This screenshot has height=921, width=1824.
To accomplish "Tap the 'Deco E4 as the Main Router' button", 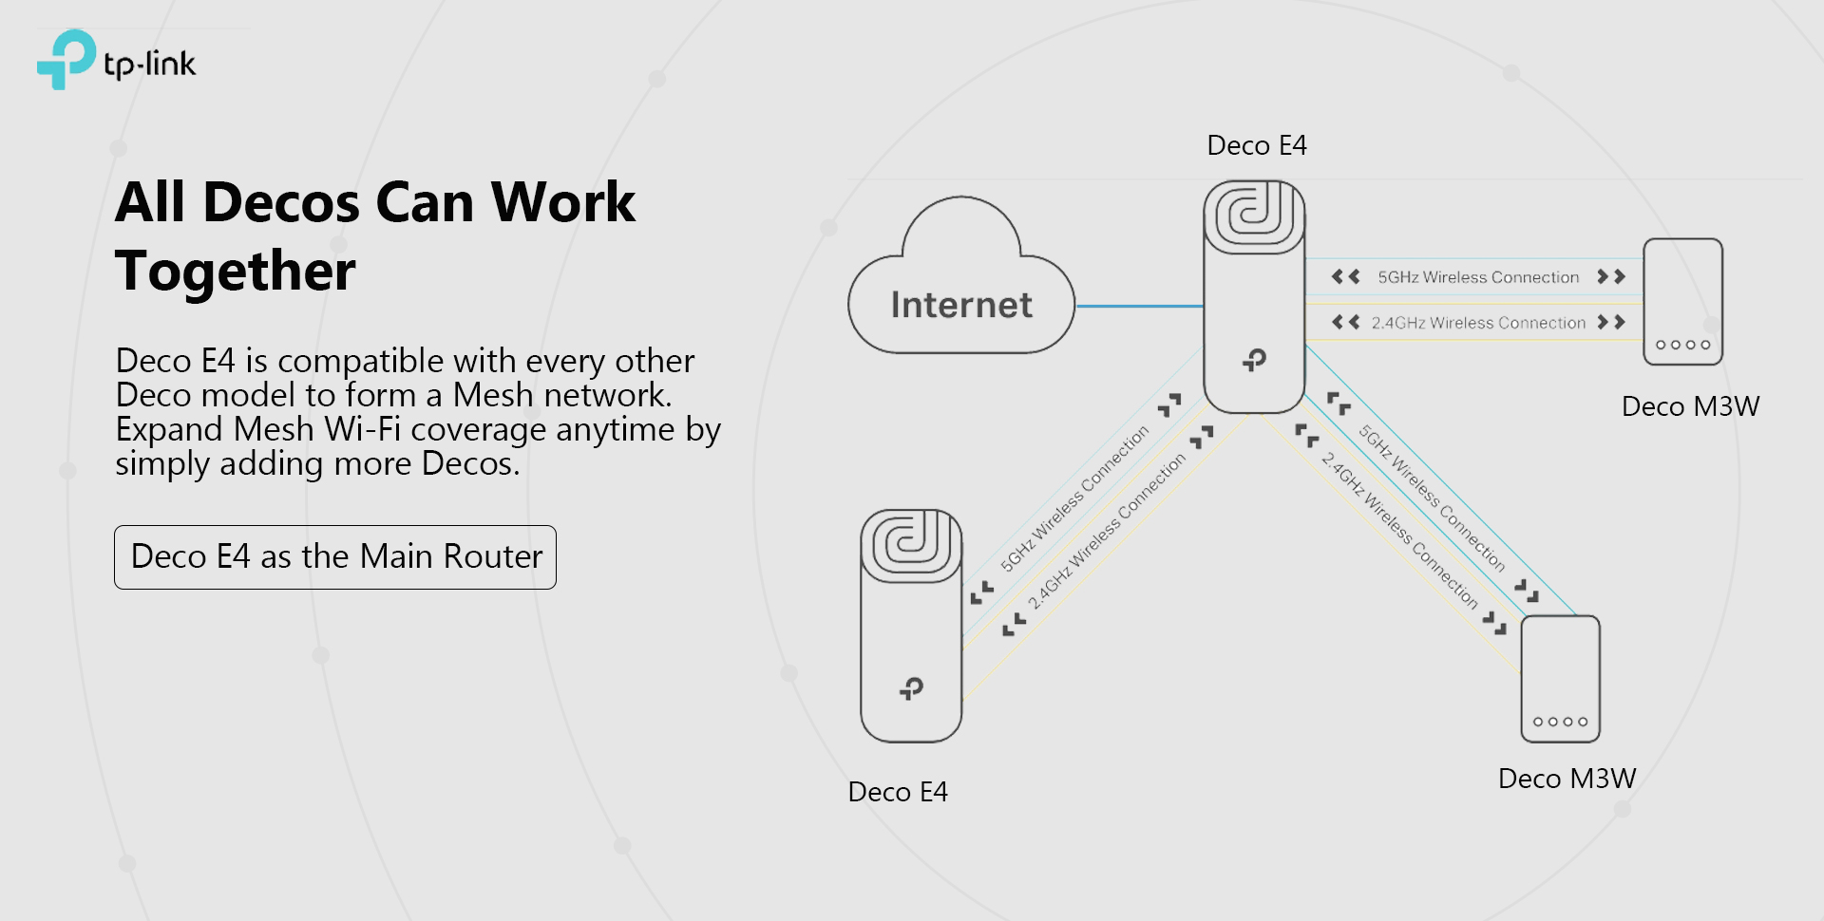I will click(335, 557).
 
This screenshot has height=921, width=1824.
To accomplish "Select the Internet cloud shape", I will click(960, 285).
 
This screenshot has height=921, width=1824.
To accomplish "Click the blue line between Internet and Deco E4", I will click(1139, 306).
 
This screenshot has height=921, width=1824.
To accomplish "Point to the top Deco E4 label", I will click(1256, 145).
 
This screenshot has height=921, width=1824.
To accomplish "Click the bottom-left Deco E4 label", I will click(897, 792).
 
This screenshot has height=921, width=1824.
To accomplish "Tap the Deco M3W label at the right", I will click(1690, 406).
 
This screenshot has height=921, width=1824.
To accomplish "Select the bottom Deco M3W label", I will click(1567, 779).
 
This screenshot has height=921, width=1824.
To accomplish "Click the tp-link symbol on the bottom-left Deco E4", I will click(911, 687).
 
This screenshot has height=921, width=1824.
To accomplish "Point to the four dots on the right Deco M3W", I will click(1682, 345).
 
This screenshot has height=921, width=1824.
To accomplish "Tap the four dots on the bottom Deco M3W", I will click(1560, 722).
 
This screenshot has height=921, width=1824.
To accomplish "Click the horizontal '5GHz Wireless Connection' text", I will click(1478, 277).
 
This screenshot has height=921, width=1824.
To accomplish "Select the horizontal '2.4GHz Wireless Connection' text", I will click(1478, 323).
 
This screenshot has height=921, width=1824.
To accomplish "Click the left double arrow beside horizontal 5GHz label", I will click(1345, 276).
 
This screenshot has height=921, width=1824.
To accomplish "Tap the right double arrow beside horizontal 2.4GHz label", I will click(1611, 322).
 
